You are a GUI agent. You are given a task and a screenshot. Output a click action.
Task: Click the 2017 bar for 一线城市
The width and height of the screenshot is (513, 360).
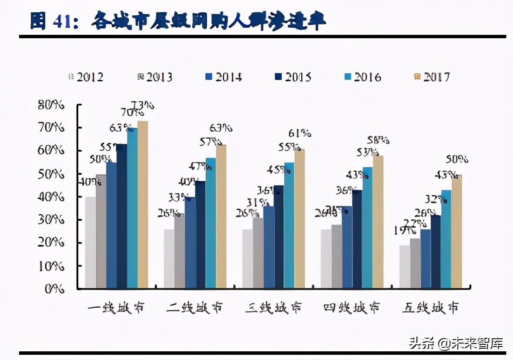pyautogui.click(x=143, y=204)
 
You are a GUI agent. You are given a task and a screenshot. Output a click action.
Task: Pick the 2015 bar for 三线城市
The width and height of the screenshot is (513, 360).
pyautogui.click(x=279, y=237)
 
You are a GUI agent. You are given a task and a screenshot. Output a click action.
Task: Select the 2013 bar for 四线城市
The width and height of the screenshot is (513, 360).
pyautogui.click(x=336, y=256)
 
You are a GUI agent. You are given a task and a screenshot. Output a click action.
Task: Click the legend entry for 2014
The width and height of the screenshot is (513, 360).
pyautogui.click(x=223, y=77)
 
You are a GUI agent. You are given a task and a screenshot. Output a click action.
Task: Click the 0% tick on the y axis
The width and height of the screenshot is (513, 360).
pyautogui.click(x=55, y=288)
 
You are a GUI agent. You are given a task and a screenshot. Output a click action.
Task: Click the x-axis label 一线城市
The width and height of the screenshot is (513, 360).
pyautogui.click(x=116, y=308)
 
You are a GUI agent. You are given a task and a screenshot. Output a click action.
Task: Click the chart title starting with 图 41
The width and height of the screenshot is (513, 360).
pyautogui.click(x=178, y=21)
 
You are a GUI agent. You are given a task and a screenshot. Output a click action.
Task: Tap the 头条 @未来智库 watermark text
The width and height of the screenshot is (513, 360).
pyautogui.click(x=456, y=343)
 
